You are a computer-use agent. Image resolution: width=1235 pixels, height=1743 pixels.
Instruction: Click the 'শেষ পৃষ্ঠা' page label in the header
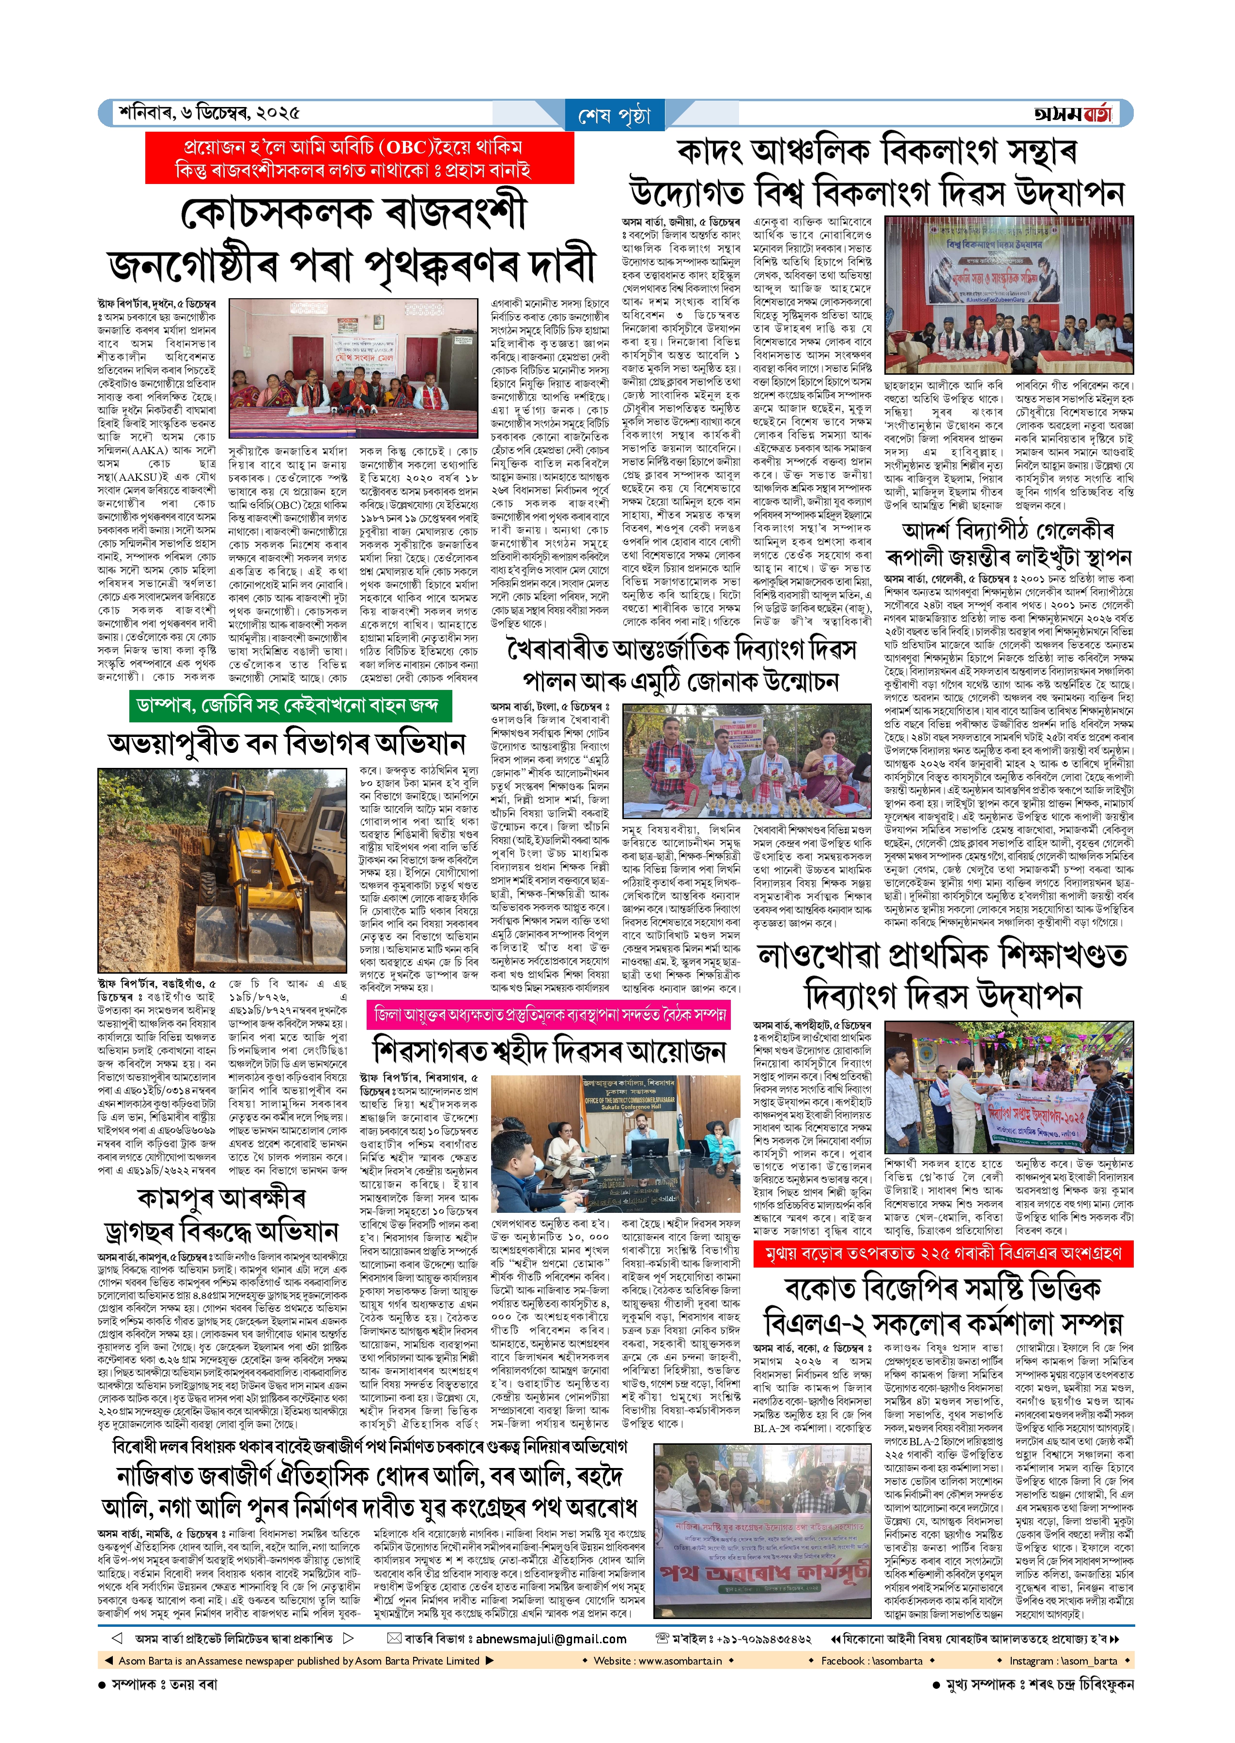click(615, 116)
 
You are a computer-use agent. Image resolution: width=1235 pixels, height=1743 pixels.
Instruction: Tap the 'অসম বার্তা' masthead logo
click(1074, 114)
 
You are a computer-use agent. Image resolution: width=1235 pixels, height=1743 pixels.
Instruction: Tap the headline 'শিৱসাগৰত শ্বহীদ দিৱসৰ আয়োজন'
click(550, 1052)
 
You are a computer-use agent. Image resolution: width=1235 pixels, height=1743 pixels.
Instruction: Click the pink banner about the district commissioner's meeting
click(549, 1014)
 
